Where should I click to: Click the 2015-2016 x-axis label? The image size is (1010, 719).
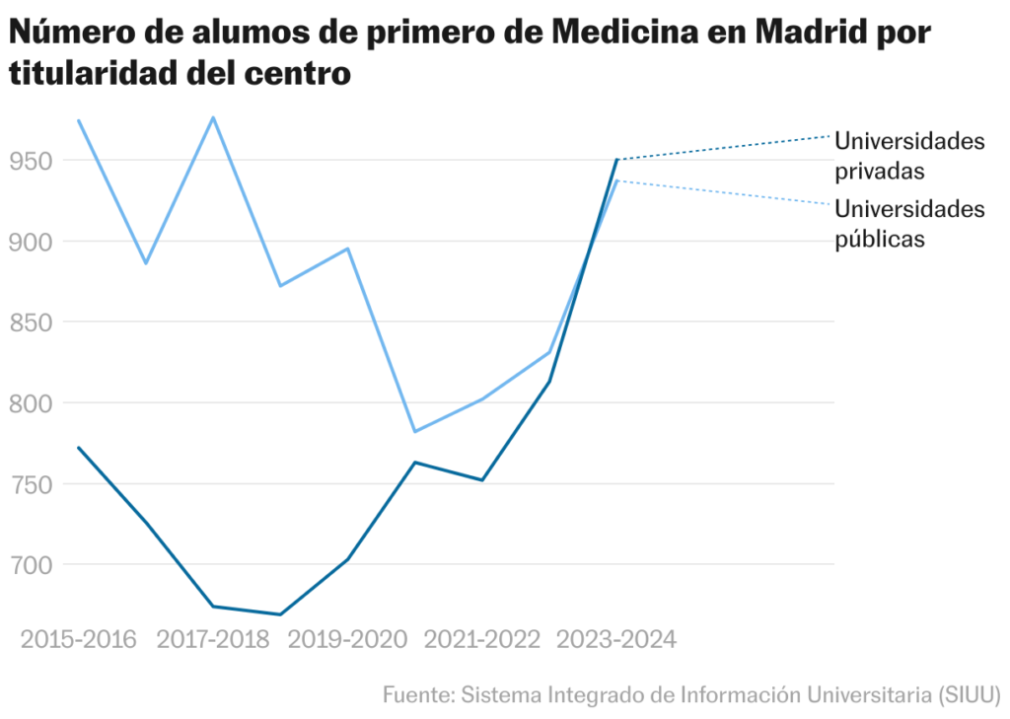pos(78,640)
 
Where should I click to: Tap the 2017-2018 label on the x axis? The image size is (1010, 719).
pos(213,640)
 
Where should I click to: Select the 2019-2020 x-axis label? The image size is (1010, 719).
pos(347,640)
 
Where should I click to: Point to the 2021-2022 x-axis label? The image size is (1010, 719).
pos(482,640)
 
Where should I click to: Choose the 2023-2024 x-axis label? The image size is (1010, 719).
pos(616,640)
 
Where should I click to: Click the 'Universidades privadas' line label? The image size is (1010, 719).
pos(909,156)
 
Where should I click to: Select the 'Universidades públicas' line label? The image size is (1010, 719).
pos(909,224)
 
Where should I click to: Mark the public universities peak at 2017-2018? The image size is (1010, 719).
pos(213,117)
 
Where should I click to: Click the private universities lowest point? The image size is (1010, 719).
pos(280,614)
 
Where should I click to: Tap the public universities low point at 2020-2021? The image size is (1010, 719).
pos(415,431)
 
